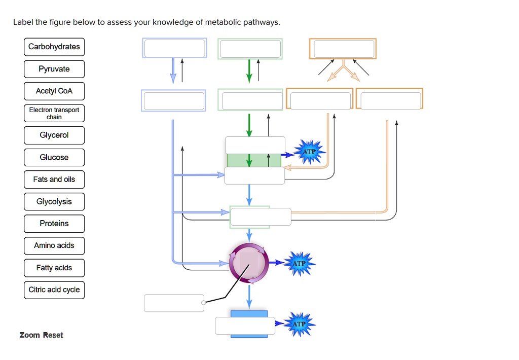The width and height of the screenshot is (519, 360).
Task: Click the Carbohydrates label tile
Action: (x=54, y=47)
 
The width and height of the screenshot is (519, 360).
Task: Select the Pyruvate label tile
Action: (x=54, y=69)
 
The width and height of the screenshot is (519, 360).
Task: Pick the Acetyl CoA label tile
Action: (x=54, y=91)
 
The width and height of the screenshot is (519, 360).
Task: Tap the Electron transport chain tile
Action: (x=54, y=113)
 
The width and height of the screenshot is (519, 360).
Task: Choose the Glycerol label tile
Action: (x=54, y=135)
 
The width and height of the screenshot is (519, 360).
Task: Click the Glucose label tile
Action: (x=54, y=157)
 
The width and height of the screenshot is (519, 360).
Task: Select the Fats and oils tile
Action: (x=54, y=179)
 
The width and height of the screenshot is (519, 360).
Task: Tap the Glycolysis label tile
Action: (x=54, y=201)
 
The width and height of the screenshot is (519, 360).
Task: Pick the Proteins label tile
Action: (x=54, y=223)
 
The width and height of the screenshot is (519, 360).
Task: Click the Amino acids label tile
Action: (x=54, y=245)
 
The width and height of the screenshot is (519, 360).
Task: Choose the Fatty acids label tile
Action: (x=54, y=268)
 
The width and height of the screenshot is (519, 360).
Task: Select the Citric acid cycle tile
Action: (x=54, y=290)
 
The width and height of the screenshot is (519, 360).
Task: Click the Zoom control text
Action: (x=29, y=335)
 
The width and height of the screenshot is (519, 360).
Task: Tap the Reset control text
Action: (x=53, y=335)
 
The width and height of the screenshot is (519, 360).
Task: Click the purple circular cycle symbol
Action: (x=249, y=263)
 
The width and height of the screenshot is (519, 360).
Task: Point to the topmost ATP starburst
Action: (x=309, y=152)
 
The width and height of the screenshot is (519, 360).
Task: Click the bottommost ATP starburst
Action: (x=299, y=323)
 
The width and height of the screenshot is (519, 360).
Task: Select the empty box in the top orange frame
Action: (x=344, y=49)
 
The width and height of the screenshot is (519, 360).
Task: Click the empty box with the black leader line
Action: (x=174, y=303)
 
